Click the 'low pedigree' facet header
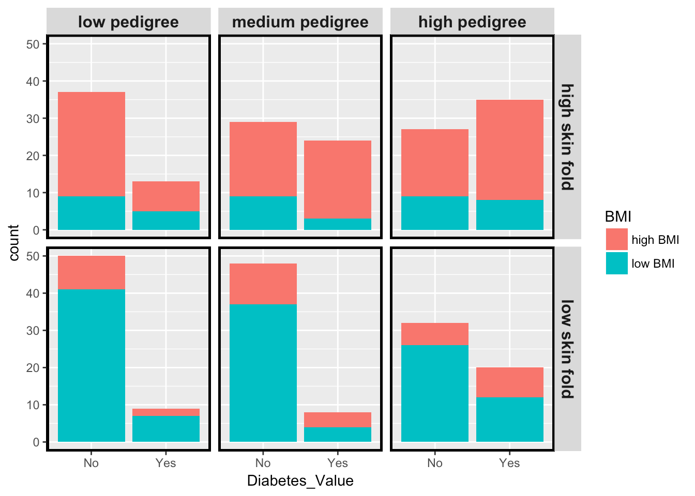[128, 22]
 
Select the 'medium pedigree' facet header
[300, 22]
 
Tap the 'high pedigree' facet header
[472, 22]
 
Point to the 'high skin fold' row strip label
[567, 137]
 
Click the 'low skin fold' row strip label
[567, 349]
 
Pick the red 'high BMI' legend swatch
[616, 240]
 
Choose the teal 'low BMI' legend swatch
[616, 263]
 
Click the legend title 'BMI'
[618, 217]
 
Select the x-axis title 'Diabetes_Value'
[300, 481]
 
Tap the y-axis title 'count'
[14, 243]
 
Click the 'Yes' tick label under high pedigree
[509, 463]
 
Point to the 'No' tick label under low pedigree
[91, 463]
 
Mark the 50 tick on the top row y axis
[33, 44]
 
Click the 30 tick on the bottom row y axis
[33, 331]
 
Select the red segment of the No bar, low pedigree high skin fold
[92, 144]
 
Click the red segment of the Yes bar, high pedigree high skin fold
[510, 150]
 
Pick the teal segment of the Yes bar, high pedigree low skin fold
[510, 420]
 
